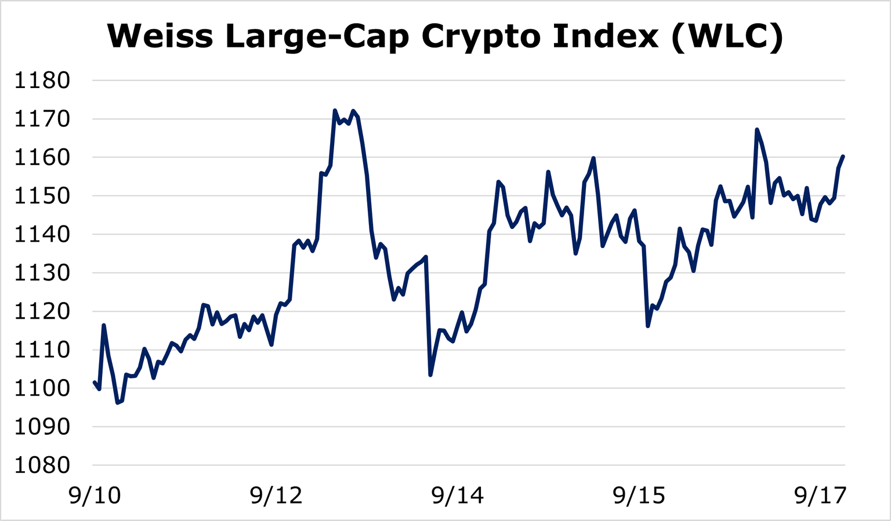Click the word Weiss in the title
(x=160, y=36)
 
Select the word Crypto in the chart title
(x=481, y=36)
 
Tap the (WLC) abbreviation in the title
(x=727, y=36)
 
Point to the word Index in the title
(x=606, y=36)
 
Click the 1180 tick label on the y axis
(x=42, y=81)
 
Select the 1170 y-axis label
(x=42, y=119)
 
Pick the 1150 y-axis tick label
(x=42, y=196)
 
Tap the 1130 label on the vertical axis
(x=42, y=273)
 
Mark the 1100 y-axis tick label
(x=42, y=388)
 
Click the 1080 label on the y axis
(x=42, y=465)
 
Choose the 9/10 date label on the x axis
(x=95, y=496)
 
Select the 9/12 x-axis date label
(x=276, y=496)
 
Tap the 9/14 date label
(x=458, y=496)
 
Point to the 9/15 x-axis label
(x=639, y=496)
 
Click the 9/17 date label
(x=820, y=496)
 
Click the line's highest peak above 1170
(x=335, y=110)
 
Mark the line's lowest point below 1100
(x=117, y=402)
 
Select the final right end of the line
(x=843, y=156)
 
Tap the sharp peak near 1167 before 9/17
(x=757, y=129)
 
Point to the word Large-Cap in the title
(x=317, y=36)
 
